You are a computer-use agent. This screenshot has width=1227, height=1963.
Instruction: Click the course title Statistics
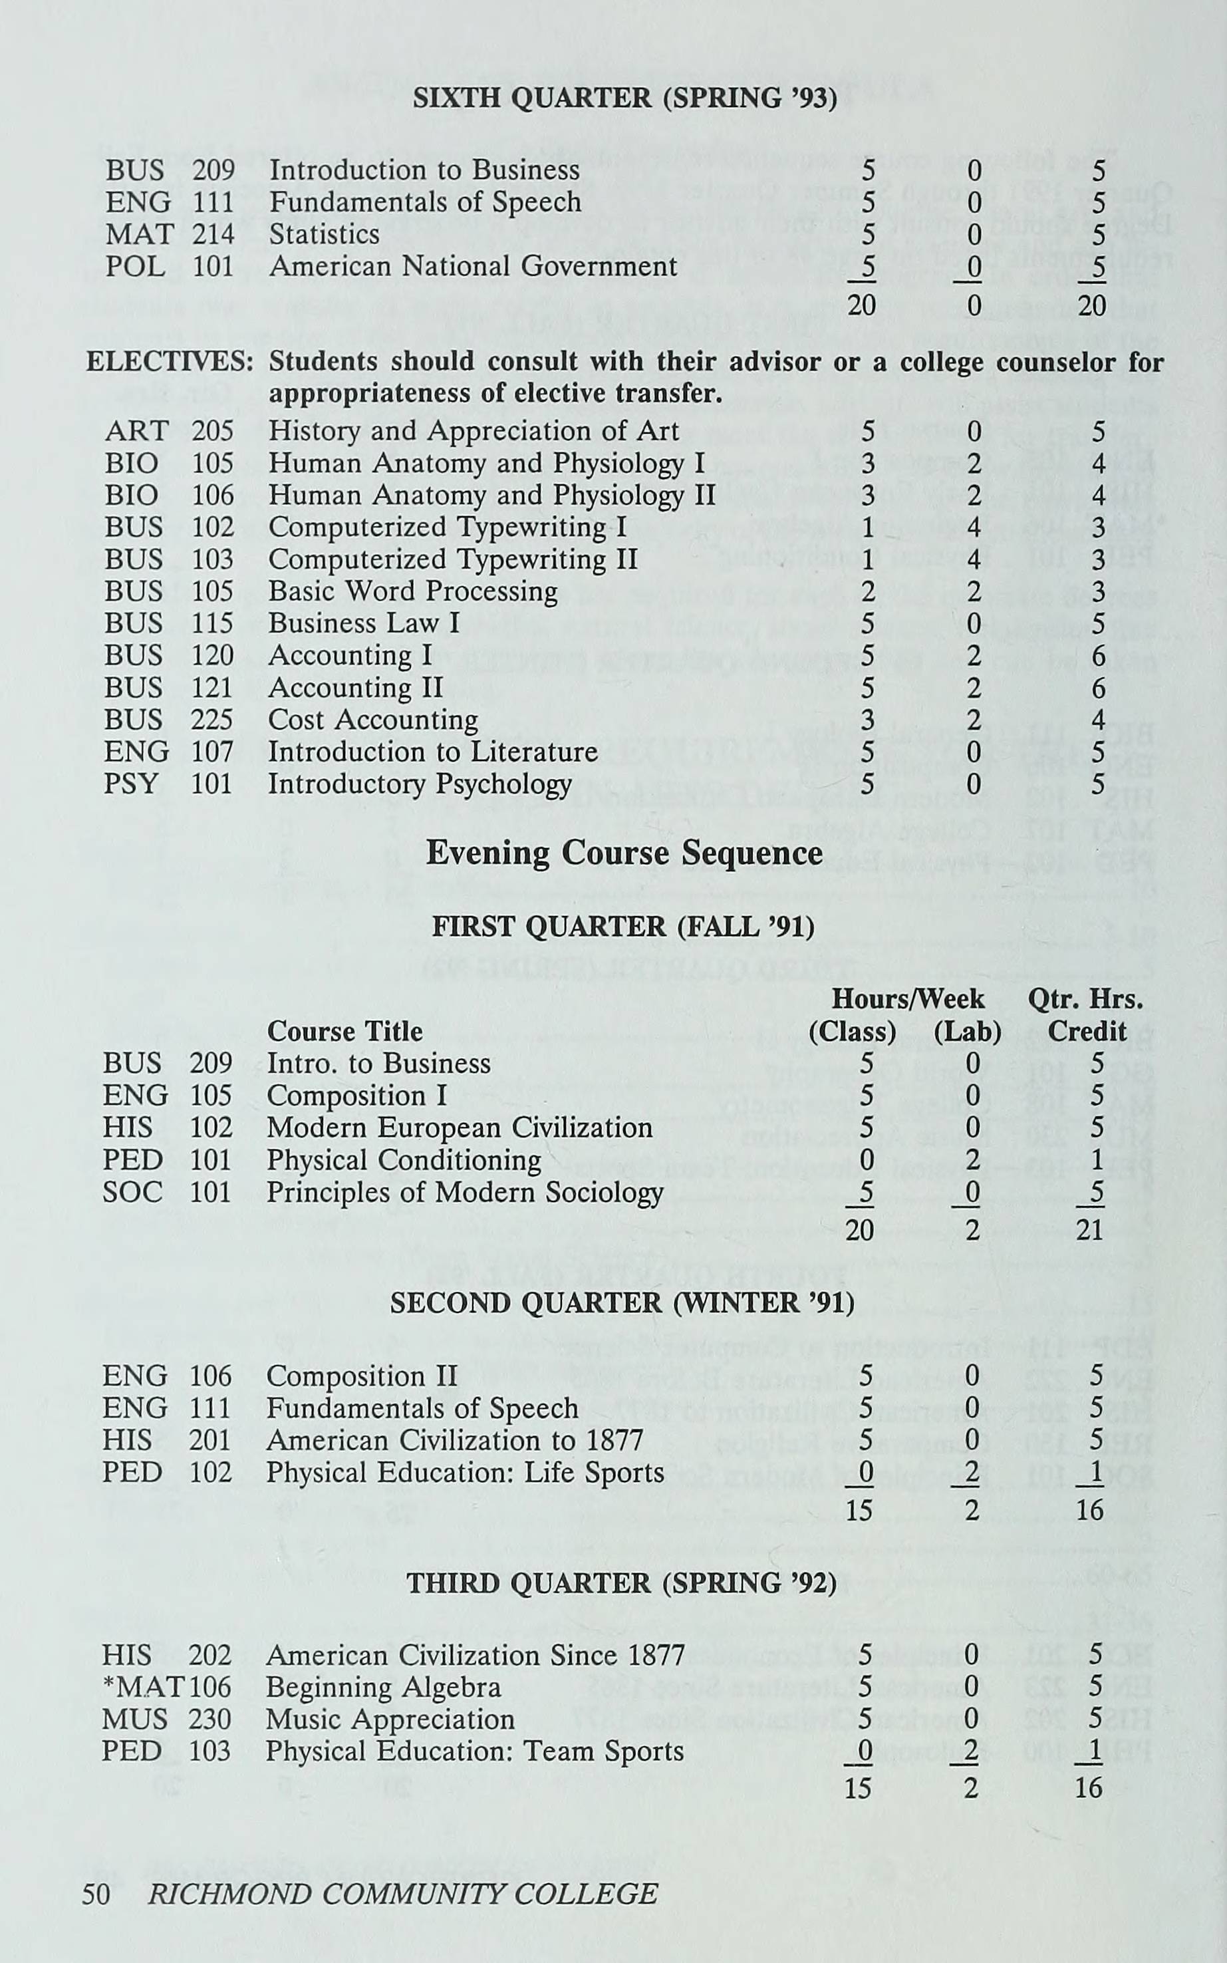(324, 235)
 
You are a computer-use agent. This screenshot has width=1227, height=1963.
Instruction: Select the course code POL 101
(169, 267)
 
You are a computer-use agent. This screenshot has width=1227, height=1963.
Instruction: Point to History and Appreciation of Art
(473, 431)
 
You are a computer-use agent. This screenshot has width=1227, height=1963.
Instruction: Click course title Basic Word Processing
(412, 591)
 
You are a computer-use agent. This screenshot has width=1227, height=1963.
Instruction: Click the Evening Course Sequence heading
(623, 853)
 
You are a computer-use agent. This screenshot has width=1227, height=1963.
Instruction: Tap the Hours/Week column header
(907, 999)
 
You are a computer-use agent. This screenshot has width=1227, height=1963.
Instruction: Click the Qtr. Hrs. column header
(1085, 999)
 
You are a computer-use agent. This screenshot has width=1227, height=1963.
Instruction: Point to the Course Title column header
(345, 1032)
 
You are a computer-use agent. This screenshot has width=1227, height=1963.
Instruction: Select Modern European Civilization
(460, 1128)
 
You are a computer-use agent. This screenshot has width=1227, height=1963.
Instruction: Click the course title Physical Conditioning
(403, 1160)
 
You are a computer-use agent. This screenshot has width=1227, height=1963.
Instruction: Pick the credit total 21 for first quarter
(1089, 1229)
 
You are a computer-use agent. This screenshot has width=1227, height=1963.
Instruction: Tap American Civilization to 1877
(454, 1440)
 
